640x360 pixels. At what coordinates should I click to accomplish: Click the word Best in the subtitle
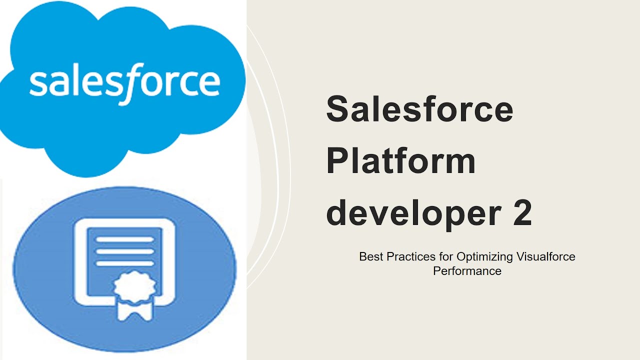(370, 257)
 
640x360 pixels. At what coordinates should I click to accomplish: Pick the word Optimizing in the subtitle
(484, 257)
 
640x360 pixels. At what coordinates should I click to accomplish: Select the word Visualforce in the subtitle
(546, 257)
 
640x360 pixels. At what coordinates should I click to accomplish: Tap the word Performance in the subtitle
(467, 271)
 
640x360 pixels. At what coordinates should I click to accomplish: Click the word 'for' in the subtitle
(442, 257)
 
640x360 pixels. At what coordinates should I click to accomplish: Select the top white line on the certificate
(124, 239)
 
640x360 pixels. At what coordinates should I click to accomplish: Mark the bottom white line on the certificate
(124, 263)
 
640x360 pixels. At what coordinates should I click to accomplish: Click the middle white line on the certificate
(124, 251)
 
